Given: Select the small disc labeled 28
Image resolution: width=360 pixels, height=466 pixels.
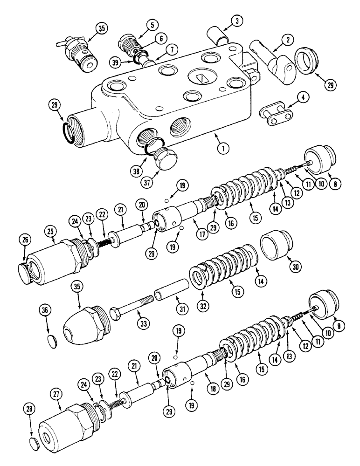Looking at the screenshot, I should (33, 440).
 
